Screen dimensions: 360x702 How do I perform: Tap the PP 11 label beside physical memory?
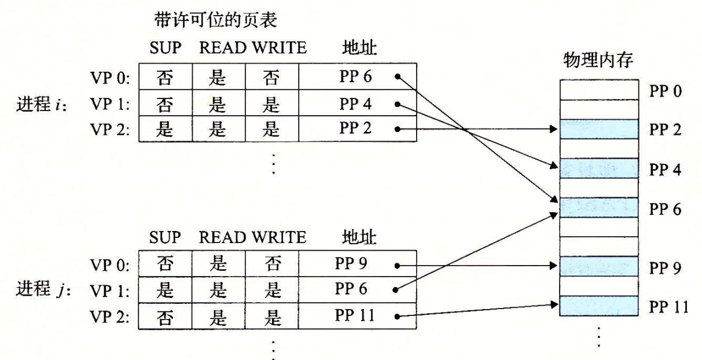pos(668,305)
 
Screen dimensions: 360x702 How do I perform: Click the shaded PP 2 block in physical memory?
pos(599,129)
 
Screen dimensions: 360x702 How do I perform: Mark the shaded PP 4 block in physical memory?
pos(599,168)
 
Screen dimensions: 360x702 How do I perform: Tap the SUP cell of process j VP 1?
pos(166,290)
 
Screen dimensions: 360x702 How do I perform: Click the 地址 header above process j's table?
pos(359,236)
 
